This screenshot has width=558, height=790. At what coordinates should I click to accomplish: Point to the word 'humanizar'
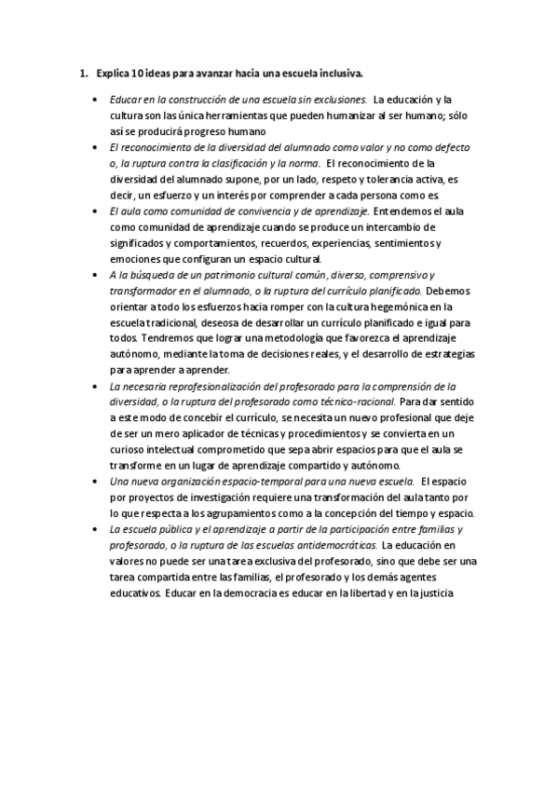tap(345, 115)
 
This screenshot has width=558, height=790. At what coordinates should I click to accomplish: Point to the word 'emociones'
tap(133, 259)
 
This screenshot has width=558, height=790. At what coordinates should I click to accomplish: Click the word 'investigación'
tap(230, 498)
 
